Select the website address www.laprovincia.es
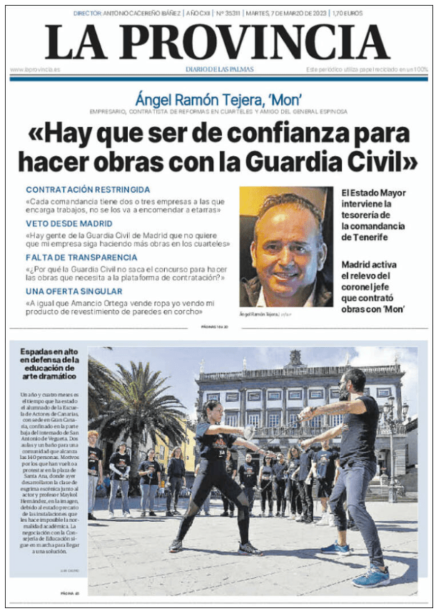click(x=35, y=69)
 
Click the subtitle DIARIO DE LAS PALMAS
click(x=220, y=69)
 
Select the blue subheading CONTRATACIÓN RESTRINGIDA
click(x=88, y=190)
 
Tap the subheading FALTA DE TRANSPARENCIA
click(x=81, y=257)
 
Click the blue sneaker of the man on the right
click(x=372, y=575)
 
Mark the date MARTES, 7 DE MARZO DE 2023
click(x=286, y=14)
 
